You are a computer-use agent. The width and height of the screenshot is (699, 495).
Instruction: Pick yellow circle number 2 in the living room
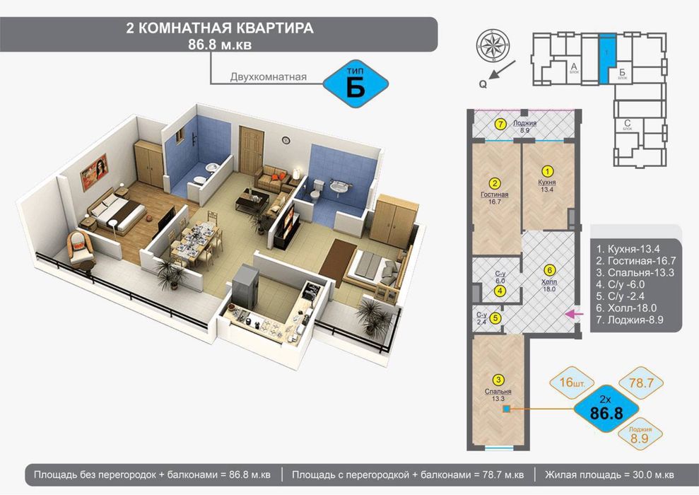495,181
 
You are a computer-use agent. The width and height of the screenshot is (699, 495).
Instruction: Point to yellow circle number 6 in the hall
549,269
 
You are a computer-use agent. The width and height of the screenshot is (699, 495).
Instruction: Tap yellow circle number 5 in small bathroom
495,318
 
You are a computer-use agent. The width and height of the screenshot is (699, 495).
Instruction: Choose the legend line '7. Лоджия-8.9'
633,320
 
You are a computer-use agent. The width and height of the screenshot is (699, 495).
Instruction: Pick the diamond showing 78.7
639,383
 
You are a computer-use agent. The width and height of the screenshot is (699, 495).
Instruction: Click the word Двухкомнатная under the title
268,76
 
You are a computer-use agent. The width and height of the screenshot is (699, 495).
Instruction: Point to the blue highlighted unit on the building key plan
607,59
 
